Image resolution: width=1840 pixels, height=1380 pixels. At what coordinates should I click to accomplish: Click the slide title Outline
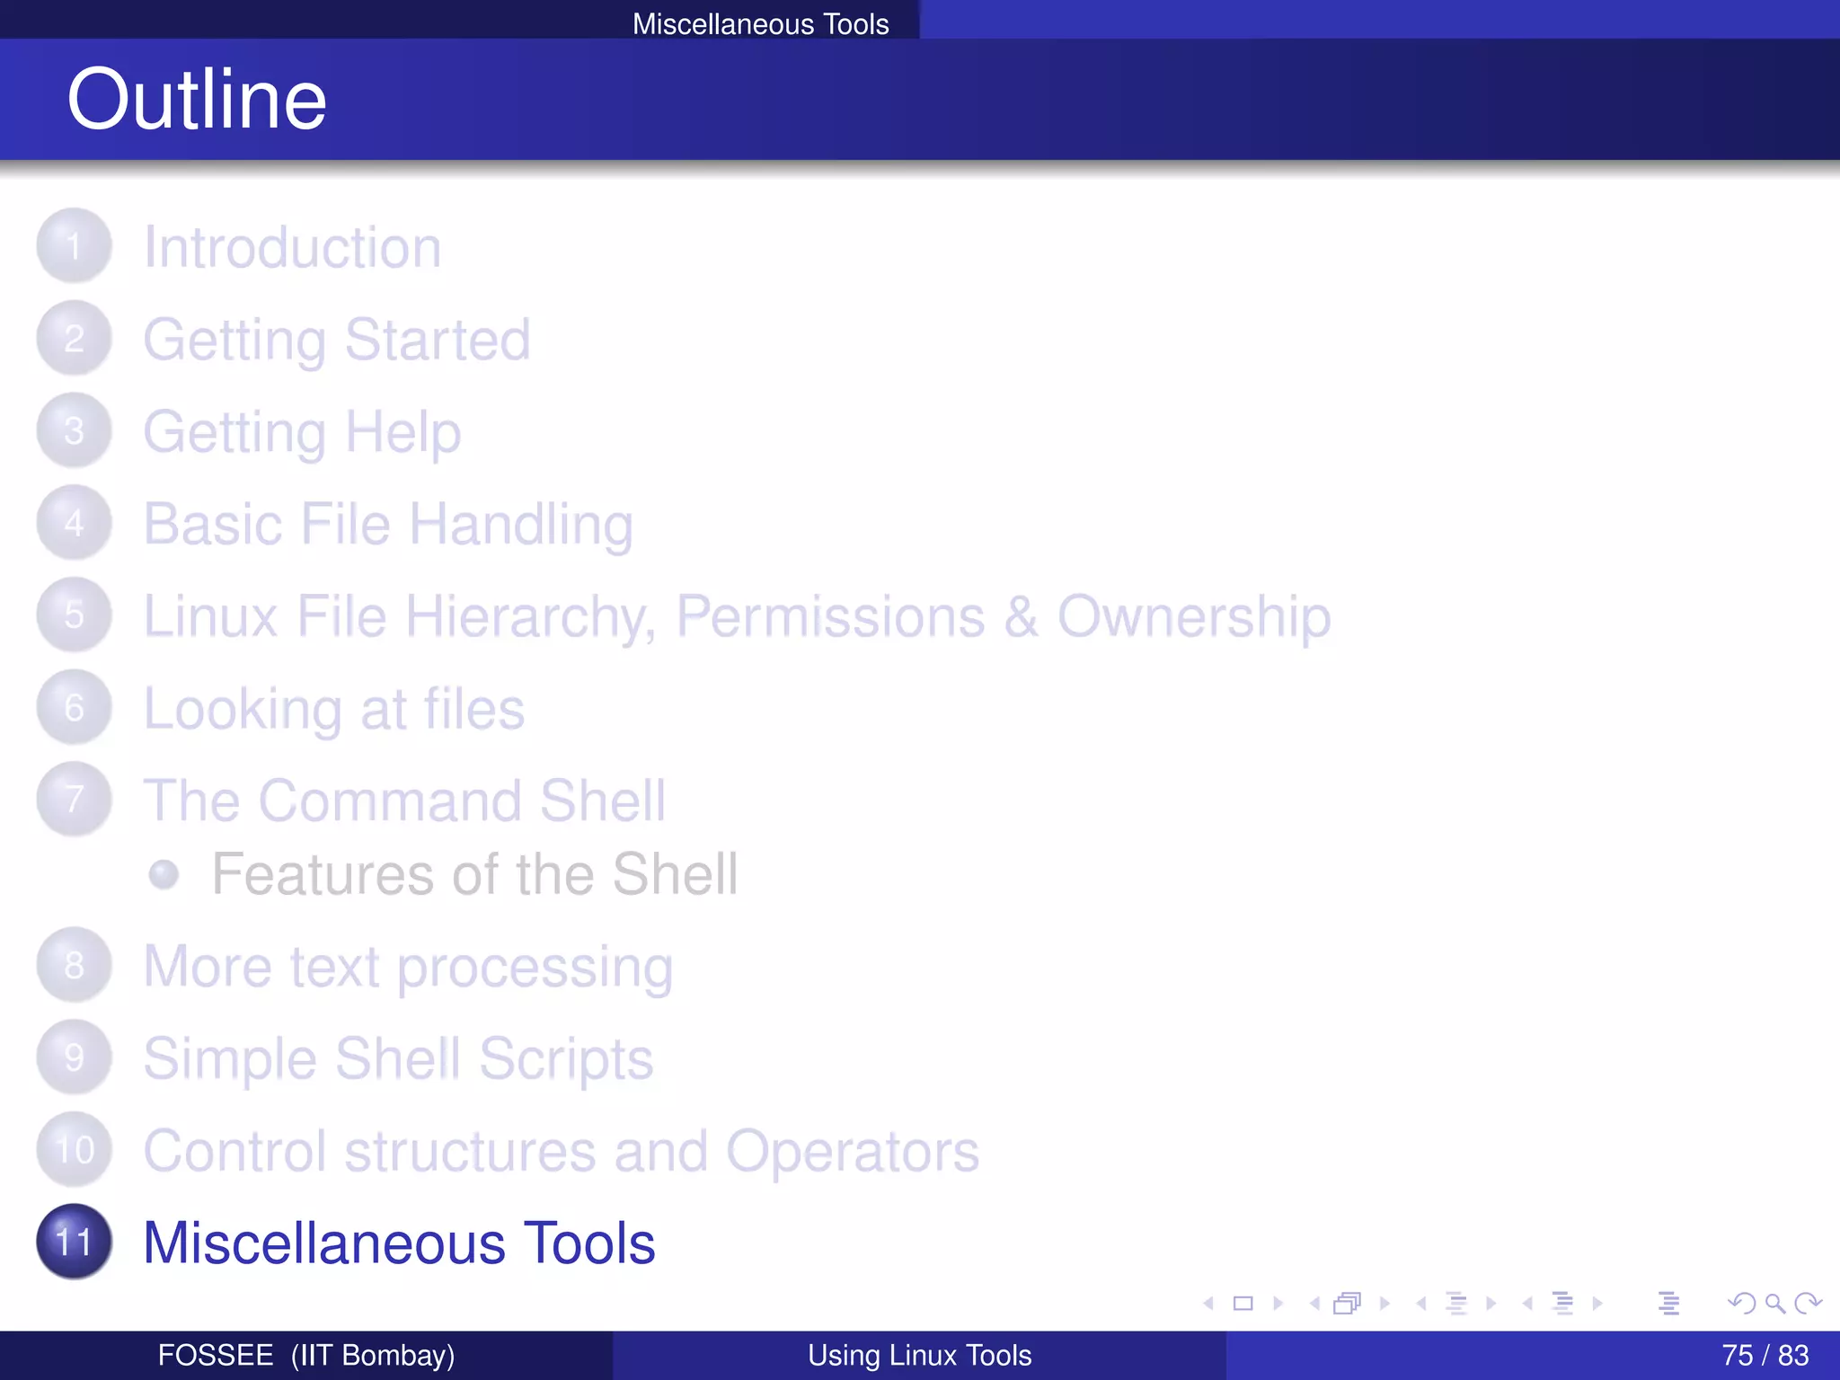click(x=197, y=99)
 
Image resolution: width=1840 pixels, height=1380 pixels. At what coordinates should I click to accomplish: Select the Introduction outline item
click(x=292, y=247)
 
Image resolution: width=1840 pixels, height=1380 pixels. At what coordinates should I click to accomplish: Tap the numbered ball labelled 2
click(x=74, y=339)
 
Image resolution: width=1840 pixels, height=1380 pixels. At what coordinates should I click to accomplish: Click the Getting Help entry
click(x=302, y=432)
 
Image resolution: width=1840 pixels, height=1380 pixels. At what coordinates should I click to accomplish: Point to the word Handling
click(x=521, y=525)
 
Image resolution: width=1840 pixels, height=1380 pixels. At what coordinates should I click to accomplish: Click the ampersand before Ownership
click(x=1020, y=617)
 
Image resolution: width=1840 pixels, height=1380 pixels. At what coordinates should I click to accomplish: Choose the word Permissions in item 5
click(x=830, y=617)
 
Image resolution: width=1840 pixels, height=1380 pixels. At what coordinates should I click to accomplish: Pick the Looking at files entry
click(x=333, y=709)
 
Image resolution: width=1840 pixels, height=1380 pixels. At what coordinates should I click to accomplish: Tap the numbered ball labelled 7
click(x=74, y=799)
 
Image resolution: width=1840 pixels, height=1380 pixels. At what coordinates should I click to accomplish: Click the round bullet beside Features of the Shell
click(x=164, y=874)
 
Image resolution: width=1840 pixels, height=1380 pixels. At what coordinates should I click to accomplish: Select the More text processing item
click(x=408, y=967)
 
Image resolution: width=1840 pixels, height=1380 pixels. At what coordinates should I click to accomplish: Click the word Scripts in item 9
click(x=565, y=1058)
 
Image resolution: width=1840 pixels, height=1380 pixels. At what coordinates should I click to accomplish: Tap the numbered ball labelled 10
click(x=74, y=1150)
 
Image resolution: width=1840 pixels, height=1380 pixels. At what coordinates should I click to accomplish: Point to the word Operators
click(x=852, y=1151)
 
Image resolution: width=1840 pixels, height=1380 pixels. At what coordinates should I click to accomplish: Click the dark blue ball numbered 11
click(x=74, y=1242)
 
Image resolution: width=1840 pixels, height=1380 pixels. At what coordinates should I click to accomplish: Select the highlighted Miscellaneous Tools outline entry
click(x=399, y=1243)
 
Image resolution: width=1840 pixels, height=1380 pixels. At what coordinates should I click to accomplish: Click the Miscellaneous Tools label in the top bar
click(x=760, y=23)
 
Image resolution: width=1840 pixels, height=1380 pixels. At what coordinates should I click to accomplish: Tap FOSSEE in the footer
click(x=216, y=1355)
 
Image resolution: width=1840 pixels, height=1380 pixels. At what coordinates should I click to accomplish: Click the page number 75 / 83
click(x=1765, y=1355)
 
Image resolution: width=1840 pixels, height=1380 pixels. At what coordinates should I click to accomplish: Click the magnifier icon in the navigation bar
click(x=1774, y=1303)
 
